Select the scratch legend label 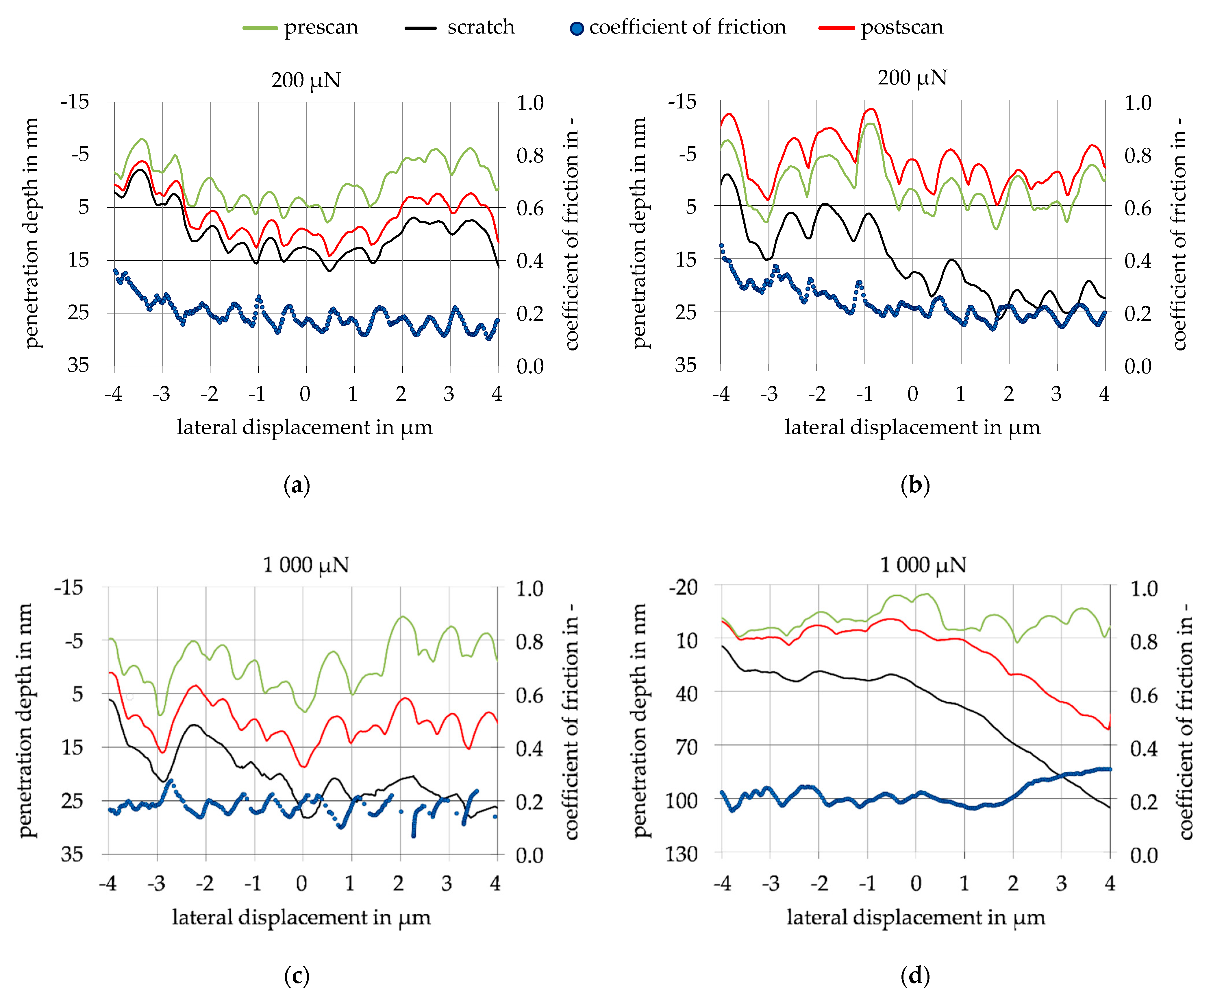[481, 27]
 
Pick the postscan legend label [902, 27]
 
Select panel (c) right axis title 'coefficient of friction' [571, 721]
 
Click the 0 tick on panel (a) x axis [305, 394]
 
